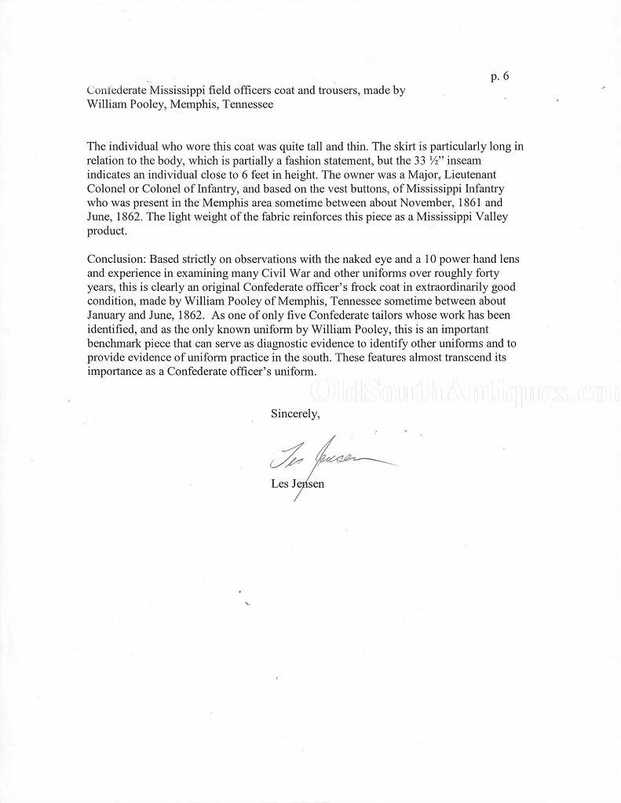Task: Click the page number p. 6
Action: (499, 76)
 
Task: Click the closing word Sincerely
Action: (295, 412)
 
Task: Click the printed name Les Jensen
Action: (297, 484)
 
